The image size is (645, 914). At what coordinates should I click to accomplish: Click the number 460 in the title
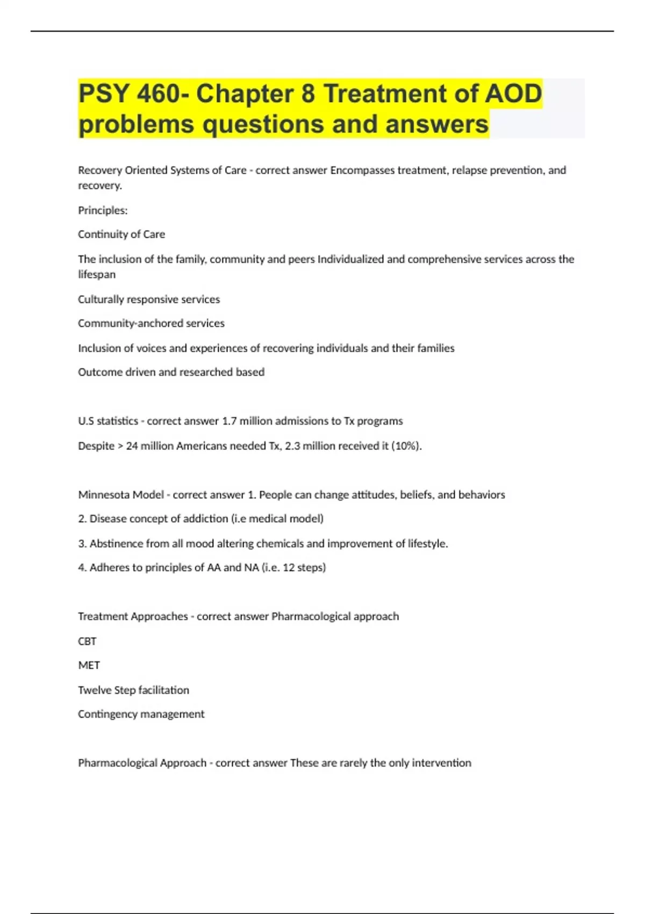(158, 94)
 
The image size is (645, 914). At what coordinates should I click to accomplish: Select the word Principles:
(103, 210)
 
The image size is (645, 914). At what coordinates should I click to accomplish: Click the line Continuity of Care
(121, 234)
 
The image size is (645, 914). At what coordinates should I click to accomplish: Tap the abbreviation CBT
(87, 641)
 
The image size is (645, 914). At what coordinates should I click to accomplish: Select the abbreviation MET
(89, 666)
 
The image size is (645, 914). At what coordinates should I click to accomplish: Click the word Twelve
(95, 690)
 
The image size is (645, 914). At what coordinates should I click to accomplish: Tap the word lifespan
(97, 274)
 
